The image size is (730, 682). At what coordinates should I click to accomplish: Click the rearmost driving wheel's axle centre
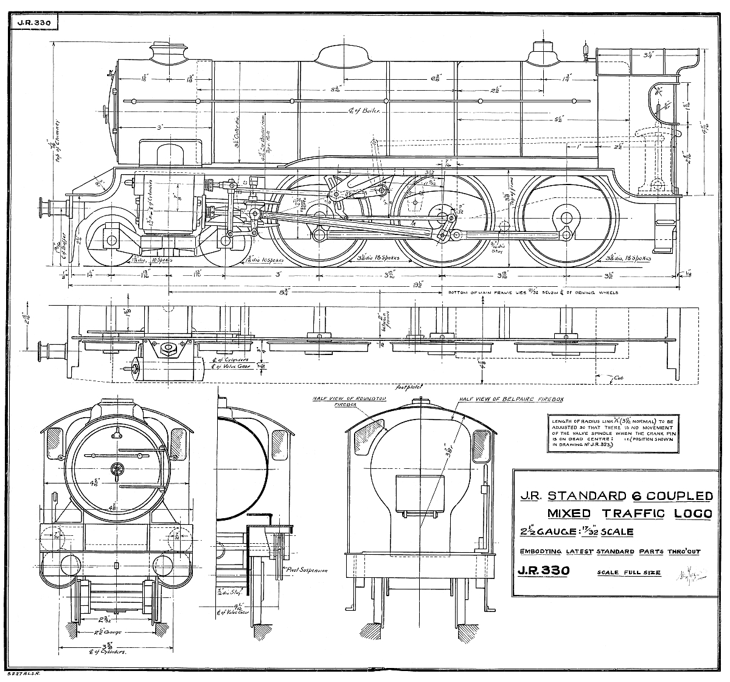click(x=567, y=217)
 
